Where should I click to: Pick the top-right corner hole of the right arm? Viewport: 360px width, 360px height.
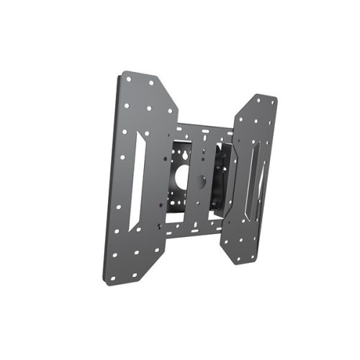(273, 104)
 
